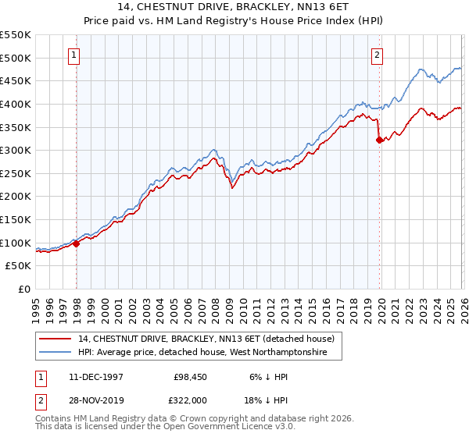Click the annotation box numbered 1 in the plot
click(x=73, y=55)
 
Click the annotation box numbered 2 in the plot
click(x=377, y=55)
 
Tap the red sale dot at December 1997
click(x=77, y=243)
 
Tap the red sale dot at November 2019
click(x=380, y=140)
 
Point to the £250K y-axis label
click(x=16, y=173)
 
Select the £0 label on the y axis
click(x=23, y=289)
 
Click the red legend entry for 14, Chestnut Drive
click(x=206, y=339)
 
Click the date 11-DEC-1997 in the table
click(x=95, y=376)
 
